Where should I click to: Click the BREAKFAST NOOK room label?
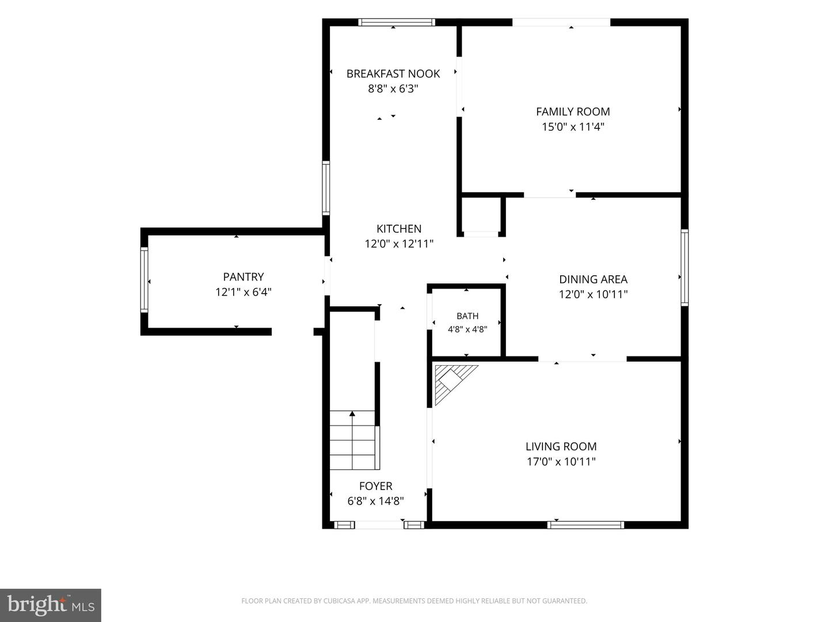[x=393, y=74]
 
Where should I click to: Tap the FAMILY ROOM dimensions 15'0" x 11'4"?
[x=573, y=127]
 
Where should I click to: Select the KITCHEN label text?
[x=399, y=229]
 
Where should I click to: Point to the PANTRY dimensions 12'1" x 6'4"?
[x=243, y=292]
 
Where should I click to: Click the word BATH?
[x=467, y=316]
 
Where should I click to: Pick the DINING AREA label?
[x=593, y=279]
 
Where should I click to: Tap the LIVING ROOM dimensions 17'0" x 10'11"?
[x=561, y=461]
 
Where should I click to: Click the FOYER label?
[x=375, y=486]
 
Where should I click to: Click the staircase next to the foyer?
[x=354, y=440]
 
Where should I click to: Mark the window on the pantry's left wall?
[x=144, y=279]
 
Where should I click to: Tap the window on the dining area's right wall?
[x=685, y=267]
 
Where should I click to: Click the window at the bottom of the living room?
[x=585, y=525]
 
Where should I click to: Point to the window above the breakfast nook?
[x=397, y=22]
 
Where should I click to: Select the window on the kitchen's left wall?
[x=326, y=188]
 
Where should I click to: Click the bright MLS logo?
[x=51, y=605]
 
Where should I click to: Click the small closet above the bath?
[x=481, y=215]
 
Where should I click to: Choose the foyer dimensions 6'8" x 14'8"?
[x=375, y=501]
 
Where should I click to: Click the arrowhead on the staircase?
[x=352, y=414]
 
